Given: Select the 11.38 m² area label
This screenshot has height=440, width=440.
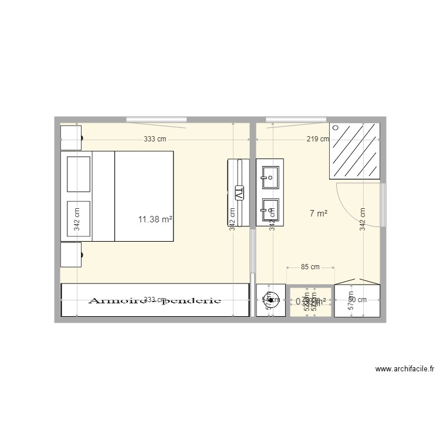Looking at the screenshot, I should tap(155, 220).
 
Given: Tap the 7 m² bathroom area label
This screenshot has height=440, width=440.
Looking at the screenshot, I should tap(319, 214).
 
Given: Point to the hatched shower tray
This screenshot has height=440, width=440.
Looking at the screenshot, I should tap(356, 150).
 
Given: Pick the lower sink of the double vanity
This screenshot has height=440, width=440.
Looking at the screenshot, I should tap(270, 208).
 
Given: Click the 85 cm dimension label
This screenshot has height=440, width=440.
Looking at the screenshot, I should tap(310, 268).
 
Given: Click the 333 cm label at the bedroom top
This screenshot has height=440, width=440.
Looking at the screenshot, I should tap(155, 139).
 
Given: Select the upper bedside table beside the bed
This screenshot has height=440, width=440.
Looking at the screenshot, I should tap(70, 138).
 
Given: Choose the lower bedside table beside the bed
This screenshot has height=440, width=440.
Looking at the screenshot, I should tap(70, 255).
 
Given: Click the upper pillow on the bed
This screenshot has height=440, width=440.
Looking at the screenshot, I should tap(79, 174).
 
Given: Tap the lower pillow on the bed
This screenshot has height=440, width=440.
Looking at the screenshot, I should tap(79, 217).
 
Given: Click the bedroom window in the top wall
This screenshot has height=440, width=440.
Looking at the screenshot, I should tap(155, 120).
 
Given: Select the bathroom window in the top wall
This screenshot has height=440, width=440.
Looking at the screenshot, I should tap(296, 120).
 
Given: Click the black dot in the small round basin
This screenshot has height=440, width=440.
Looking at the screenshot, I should tap(270, 300).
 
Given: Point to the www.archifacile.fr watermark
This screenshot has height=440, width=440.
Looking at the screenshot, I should tap(404, 370).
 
